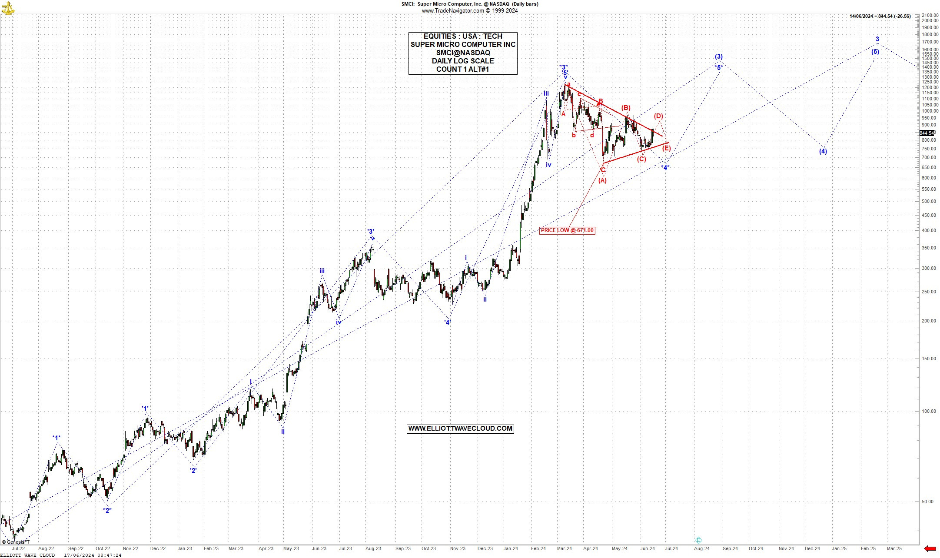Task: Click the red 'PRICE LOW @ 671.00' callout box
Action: (x=567, y=230)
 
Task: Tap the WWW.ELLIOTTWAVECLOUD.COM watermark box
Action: (x=460, y=428)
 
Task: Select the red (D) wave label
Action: (x=658, y=116)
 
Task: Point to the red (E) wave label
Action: (x=666, y=148)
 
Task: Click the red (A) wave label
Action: (x=602, y=180)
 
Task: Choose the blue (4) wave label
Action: (x=823, y=151)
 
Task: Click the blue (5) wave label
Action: (x=875, y=52)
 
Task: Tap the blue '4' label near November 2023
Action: (x=447, y=322)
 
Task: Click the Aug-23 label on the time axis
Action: (x=373, y=548)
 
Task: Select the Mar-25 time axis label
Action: (x=894, y=548)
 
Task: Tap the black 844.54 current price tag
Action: (x=927, y=133)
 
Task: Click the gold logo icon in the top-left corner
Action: (x=8, y=8)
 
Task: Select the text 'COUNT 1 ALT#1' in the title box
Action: (x=463, y=69)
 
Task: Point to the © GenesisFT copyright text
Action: (x=16, y=542)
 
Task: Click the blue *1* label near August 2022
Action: (x=56, y=438)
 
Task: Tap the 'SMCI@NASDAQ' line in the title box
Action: (x=463, y=53)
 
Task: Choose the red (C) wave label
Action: (x=641, y=159)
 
